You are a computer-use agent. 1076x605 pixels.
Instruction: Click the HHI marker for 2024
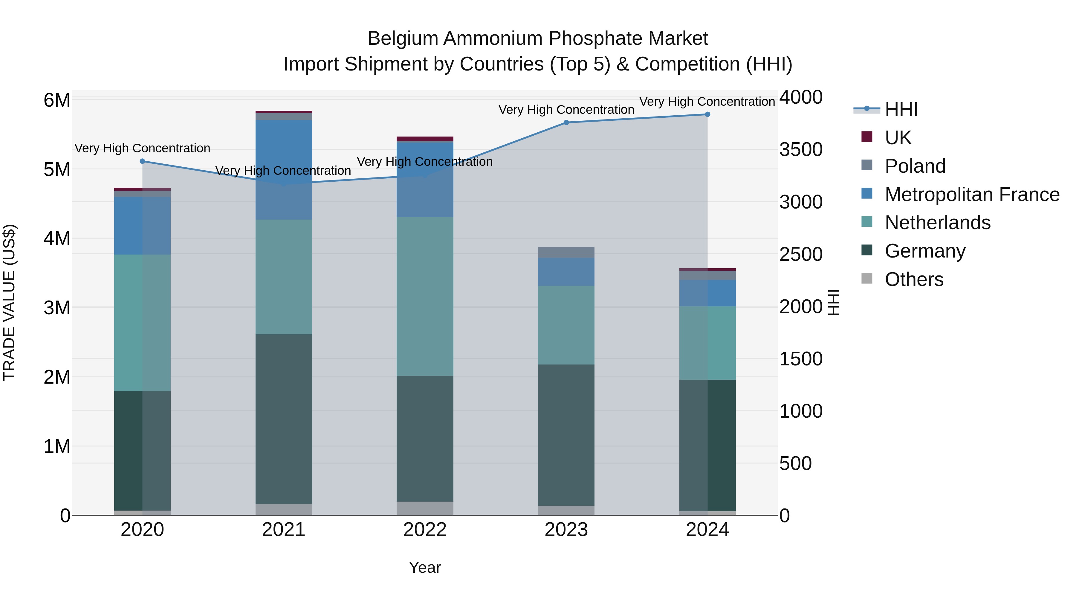[707, 114]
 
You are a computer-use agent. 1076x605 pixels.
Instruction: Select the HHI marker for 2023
[566, 122]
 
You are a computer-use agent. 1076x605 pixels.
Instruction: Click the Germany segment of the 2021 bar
[284, 419]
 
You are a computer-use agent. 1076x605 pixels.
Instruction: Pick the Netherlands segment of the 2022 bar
[425, 296]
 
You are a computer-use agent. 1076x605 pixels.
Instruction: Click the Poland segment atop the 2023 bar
[566, 252]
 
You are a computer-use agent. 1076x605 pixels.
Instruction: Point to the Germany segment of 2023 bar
[566, 435]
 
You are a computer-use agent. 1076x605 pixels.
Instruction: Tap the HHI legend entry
[901, 109]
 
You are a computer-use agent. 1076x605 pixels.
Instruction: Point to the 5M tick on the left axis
[57, 169]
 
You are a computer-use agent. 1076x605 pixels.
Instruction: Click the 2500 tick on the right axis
[800, 254]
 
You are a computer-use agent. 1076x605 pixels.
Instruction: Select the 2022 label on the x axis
[425, 529]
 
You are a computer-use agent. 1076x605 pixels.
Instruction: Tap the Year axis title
[425, 567]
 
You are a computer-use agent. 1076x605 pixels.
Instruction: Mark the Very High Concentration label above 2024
[707, 102]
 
